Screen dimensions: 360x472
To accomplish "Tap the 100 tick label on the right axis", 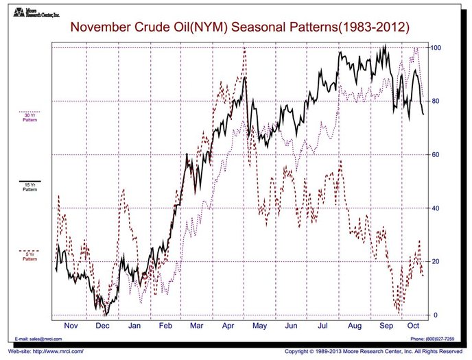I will [x=436, y=47].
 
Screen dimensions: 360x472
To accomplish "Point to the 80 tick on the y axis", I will [x=435, y=101].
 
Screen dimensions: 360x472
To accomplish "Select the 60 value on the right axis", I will [x=435, y=155].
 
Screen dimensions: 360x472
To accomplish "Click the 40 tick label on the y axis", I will [x=435, y=208].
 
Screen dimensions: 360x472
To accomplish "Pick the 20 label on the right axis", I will [x=435, y=262].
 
